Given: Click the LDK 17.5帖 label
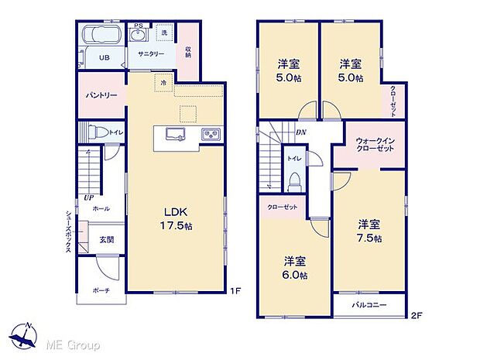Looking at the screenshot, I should coord(177,219).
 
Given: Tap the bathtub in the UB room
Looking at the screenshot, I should coord(101,35).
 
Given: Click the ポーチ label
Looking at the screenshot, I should coord(101,290).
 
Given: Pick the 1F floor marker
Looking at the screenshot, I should coord(237,291).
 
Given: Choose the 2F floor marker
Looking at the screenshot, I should coord(415,316).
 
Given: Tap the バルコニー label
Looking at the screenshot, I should coord(370,305).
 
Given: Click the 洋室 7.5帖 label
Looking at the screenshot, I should coord(369,231).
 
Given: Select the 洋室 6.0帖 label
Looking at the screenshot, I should coord(294,266).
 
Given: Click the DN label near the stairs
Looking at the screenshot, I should coord(300,132).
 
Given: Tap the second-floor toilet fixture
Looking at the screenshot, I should coord(294,180).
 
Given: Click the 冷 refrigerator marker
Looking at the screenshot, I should coord(163,81).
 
